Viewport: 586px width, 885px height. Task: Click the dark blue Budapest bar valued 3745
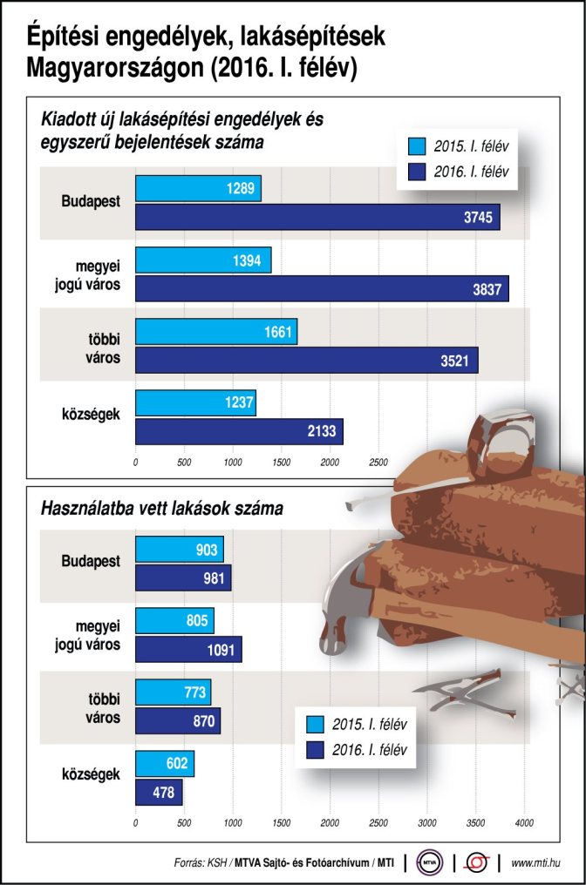click(x=317, y=217)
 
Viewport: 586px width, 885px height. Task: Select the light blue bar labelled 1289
click(x=198, y=188)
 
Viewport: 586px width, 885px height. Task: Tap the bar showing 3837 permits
click(x=322, y=288)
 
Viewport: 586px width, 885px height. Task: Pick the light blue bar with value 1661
click(x=216, y=331)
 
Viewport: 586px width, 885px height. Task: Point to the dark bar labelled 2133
click(x=239, y=431)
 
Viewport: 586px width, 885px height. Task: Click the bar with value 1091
click(x=188, y=649)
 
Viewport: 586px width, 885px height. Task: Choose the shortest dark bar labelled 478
click(x=159, y=793)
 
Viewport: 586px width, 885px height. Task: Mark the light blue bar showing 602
click(x=165, y=764)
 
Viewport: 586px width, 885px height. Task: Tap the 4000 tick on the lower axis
click(x=523, y=822)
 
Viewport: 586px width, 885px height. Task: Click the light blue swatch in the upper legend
click(x=416, y=145)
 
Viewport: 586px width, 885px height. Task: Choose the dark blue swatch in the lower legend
click(x=316, y=749)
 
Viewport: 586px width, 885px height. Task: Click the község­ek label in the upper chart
click(x=92, y=415)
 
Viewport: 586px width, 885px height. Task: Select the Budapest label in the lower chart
click(x=91, y=562)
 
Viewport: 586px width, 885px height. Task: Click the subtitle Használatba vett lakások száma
click(x=162, y=507)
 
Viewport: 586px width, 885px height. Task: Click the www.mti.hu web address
click(x=536, y=862)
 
